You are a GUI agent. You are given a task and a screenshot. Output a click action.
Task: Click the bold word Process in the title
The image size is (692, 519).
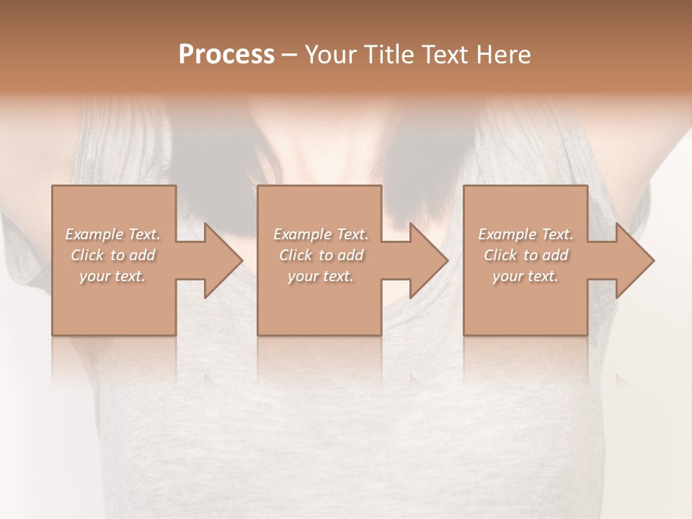[x=226, y=55]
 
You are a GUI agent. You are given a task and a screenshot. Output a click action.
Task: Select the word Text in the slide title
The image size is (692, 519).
[x=441, y=55]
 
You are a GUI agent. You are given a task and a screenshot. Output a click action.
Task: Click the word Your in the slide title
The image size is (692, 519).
[x=333, y=55]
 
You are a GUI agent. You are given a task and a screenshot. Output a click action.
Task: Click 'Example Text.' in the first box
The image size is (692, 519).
[x=113, y=234]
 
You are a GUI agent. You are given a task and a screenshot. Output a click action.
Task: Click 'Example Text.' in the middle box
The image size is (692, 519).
[x=321, y=234]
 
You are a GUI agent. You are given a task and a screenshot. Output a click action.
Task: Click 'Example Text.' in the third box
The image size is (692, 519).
[x=525, y=234]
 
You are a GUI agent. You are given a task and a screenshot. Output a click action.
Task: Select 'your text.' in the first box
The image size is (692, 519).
[x=112, y=276]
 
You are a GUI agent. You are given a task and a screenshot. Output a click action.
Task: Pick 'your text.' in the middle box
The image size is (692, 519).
[x=320, y=276]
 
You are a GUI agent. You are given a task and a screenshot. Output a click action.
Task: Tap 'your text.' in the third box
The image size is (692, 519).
[x=525, y=276]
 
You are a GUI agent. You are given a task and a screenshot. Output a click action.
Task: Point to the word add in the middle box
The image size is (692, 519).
[x=350, y=255]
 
